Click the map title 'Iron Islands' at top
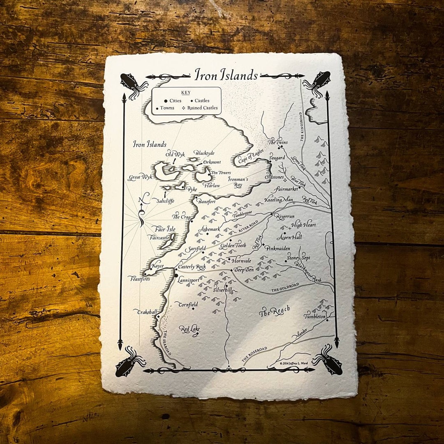pyautogui.click(x=226, y=75)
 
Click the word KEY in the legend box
pyautogui.click(x=186, y=92)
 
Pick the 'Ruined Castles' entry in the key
pyautogui.click(x=202, y=108)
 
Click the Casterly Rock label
pyautogui.click(x=192, y=267)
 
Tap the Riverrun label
pyautogui.click(x=285, y=216)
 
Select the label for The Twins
pyautogui.click(x=278, y=142)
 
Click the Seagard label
pyautogui.click(x=277, y=158)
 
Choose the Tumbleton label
pyautogui.click(x=315, y=317)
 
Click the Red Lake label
pyautogui.click(x=190, y=329)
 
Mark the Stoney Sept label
pyautogui.click(x=299, y=258)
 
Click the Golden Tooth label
pyautogui.click(x=233, y=245)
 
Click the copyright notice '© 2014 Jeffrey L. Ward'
pyautogui.click(x=294, y=363)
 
